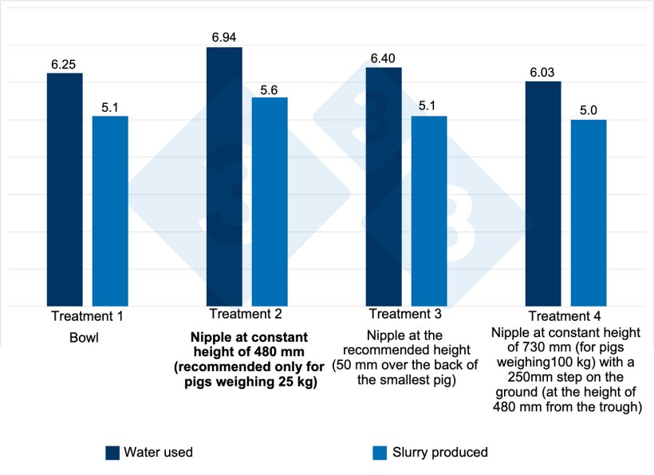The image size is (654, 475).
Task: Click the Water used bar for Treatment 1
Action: tap(65, 189)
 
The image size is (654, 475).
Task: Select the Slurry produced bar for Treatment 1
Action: tap(110, 211)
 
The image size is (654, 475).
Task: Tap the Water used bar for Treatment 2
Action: tap(224, 176)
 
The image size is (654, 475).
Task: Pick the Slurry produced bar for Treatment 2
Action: tap(270, 201)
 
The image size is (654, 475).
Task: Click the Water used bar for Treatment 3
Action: tap(384, 186)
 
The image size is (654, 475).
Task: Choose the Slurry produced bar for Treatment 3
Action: tap(429, 211)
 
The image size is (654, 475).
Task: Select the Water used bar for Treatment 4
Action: tap(543, 193)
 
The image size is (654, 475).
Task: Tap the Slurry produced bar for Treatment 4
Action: tap(589, 212)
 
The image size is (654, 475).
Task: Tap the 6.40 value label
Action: tap(384, 58)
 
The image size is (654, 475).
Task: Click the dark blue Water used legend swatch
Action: tap(112, 453)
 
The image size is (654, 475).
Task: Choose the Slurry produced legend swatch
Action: tap(380, 453)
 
